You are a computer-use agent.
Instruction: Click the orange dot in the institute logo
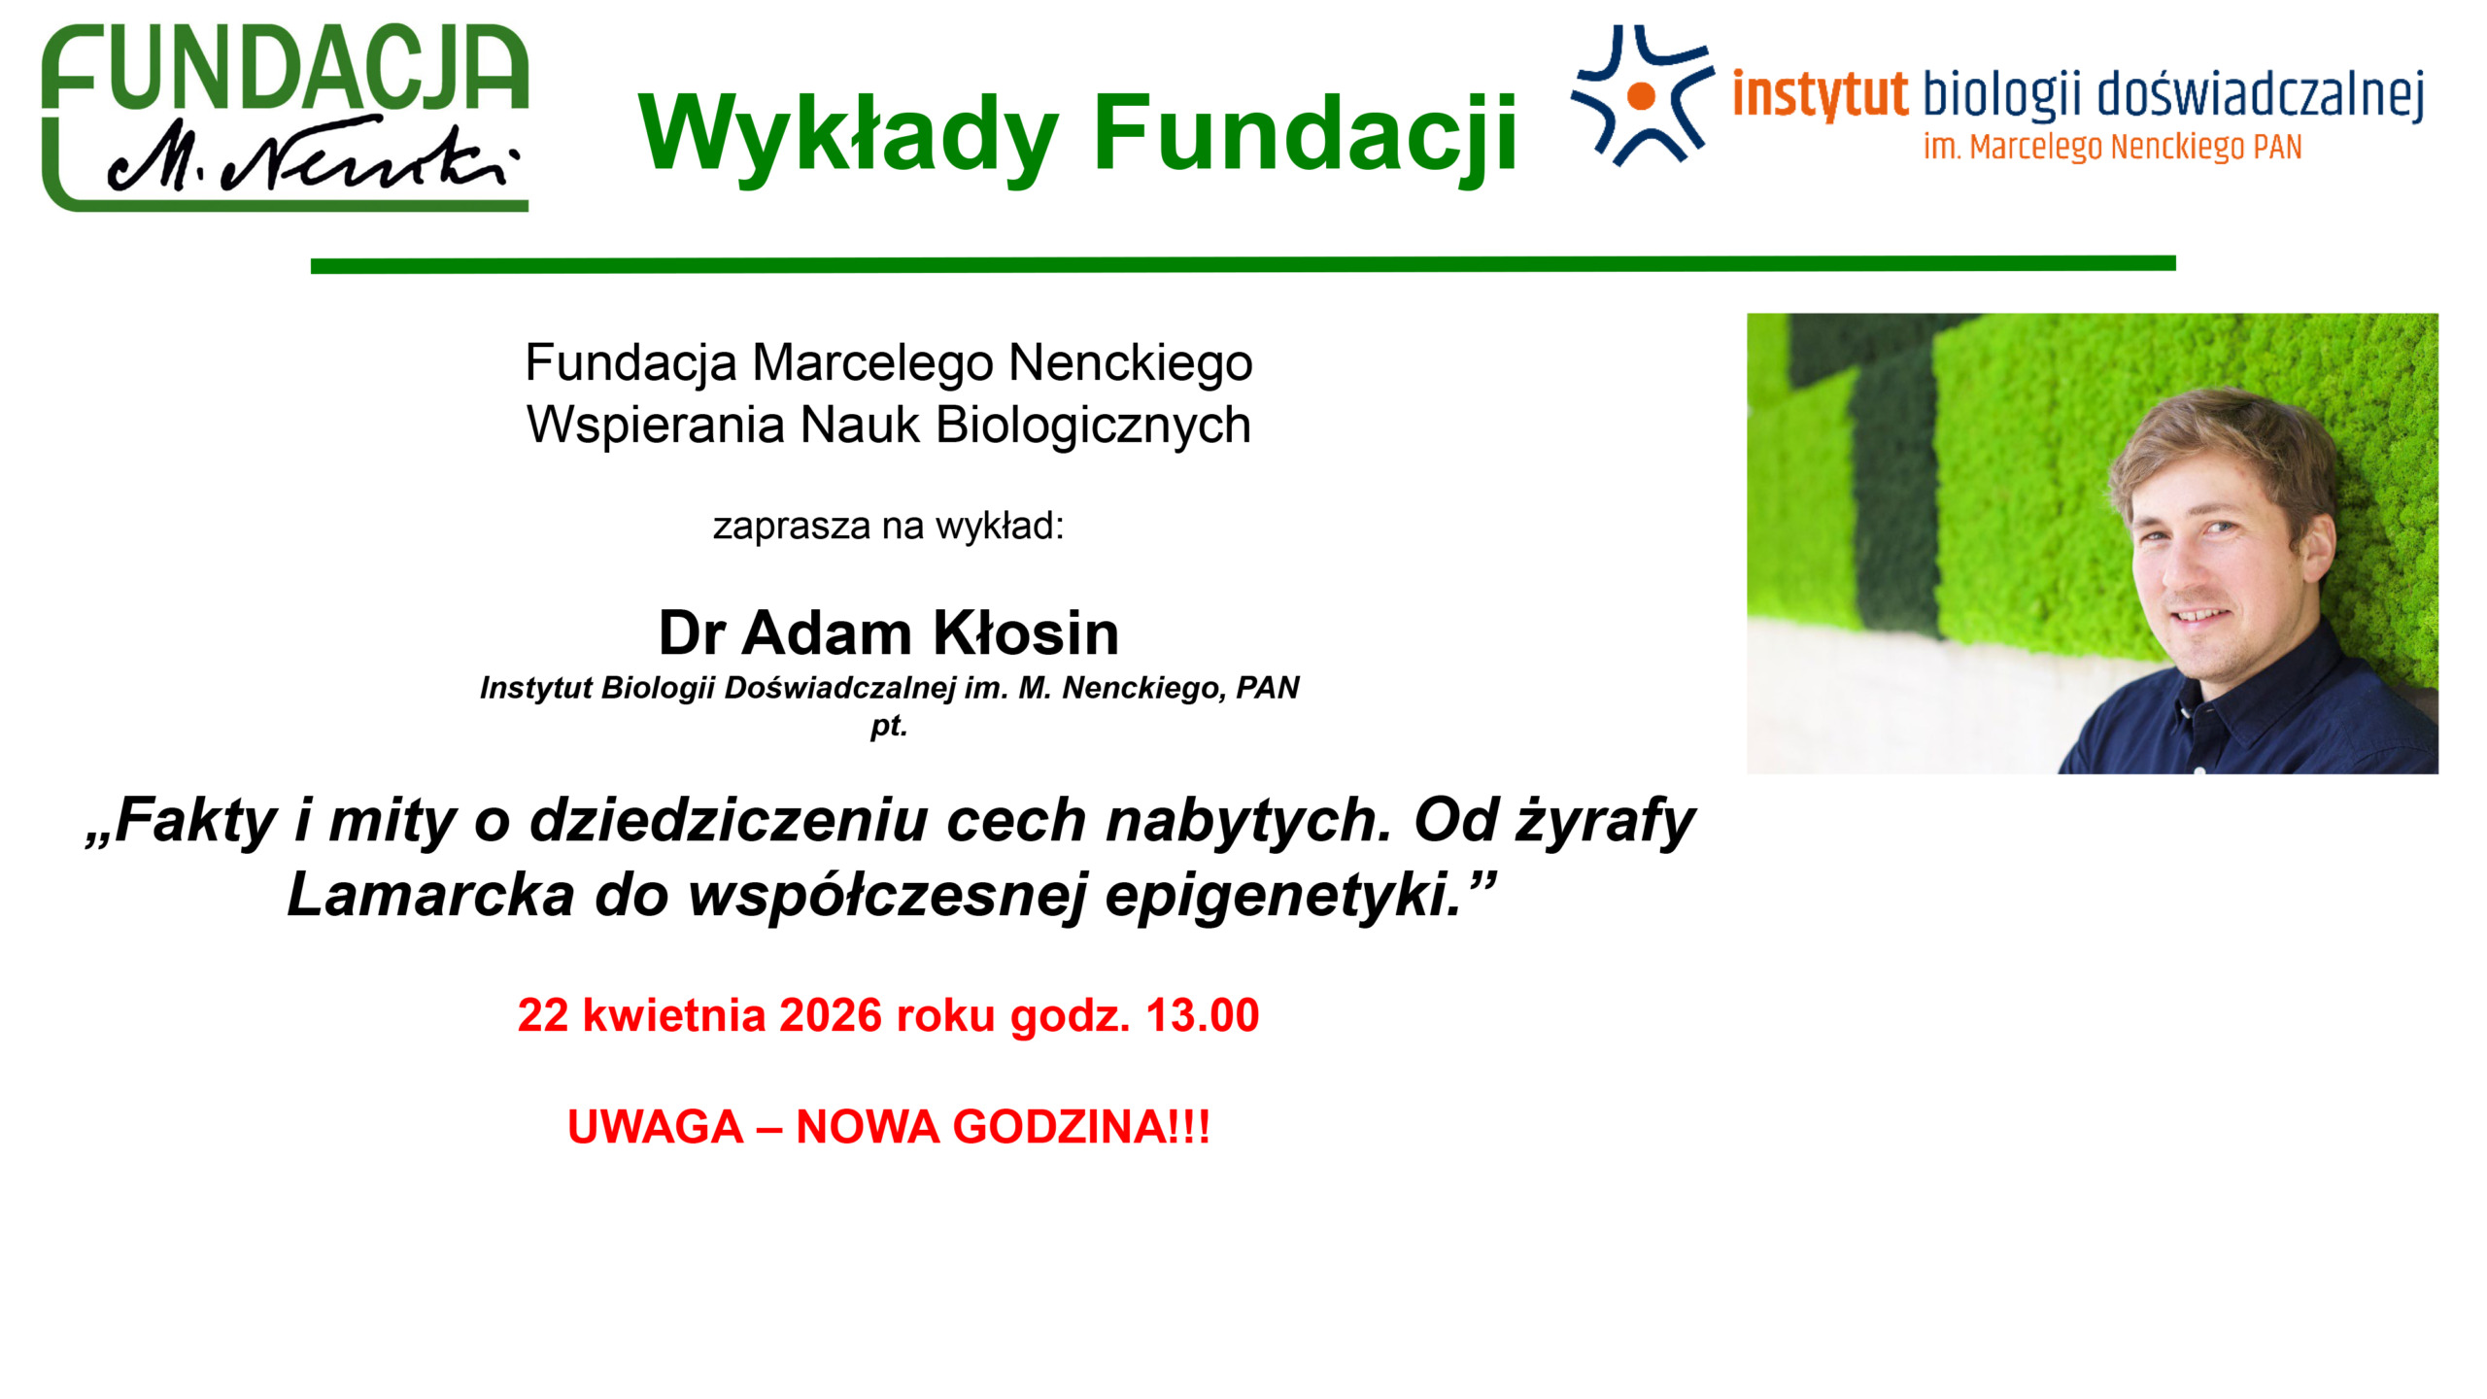[1641, 95]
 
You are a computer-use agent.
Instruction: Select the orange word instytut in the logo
[1820, 95]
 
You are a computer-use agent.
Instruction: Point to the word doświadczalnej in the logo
[2261, 95]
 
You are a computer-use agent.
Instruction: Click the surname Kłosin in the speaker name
[1026, 632]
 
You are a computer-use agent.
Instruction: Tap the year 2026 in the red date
[831, 1015]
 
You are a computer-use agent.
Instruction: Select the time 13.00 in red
[1203, 1015]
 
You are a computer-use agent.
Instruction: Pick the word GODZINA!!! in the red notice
[1081, 1127]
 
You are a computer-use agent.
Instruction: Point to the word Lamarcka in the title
[430, 895]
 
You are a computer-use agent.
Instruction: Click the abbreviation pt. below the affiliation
[889, 726]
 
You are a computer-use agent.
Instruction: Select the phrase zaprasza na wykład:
[889, 527]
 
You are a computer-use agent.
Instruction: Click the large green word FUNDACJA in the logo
[285, 66]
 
